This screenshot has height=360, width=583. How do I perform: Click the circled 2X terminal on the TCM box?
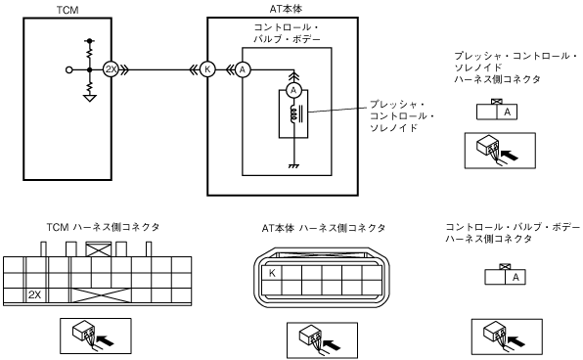pyautogui.click(x=111, y=69)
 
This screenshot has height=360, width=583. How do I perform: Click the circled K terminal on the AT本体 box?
pyautogui.click(x=207, y=69)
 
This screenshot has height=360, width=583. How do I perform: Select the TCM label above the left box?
pyautogui.click(x=67, y=10)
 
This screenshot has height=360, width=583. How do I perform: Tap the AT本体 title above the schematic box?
pyautogui.click(x=286, y=9)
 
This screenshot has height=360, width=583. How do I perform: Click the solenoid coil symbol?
pyautogui.click(x=293, y=114)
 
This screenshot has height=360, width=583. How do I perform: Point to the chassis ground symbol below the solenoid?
pyautogui.click(x=293, y=166)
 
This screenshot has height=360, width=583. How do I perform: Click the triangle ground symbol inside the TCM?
pyautogui.click(x=89, y=99)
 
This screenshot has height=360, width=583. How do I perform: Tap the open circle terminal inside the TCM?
pyautogui.click(x=68, y=69)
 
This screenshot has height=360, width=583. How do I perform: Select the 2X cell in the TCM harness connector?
pyautogui.click(x=34, y=294)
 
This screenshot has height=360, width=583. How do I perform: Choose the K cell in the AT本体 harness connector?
pyautogui.click(x=272, y=273)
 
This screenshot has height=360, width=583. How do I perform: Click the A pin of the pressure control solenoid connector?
pyautogui.click(x=507, y=112)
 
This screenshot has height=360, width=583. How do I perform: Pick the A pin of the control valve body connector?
pyautogui.click(x=516, y=277)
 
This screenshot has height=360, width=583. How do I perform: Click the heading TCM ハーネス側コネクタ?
pyautogui.click(x=103, y=227)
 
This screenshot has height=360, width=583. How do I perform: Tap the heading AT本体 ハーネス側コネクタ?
pyautogui.click(x=324, y=228)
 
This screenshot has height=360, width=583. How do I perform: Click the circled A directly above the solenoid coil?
pyautogui.click(x=293, y=90)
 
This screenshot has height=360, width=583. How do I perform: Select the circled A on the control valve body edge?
pyautogui.click(x=243, y=69)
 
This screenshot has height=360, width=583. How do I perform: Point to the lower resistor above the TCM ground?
pyautogui.click(x=89, y=86)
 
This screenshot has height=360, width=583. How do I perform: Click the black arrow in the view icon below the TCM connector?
pyautogui.click(x=105, y=340)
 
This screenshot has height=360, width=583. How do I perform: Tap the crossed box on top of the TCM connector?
pyautogui.click(x=99, y=249)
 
